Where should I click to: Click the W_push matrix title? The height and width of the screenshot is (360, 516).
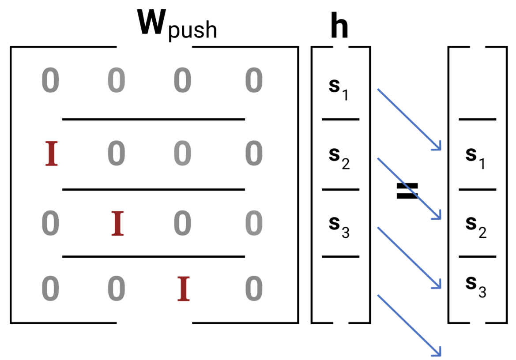[x=177, y=24]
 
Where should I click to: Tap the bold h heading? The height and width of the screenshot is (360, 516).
[x=339, y=27]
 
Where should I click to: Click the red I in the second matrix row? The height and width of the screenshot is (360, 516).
[x=52, y=154]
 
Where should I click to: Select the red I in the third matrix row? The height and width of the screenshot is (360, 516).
[x=117, y=223]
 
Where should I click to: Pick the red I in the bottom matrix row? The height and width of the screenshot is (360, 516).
[x=183, y=289]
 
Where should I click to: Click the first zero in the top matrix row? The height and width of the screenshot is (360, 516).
[x=50, y=81]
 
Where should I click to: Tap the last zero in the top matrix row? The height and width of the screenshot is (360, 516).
[x=254, y=81]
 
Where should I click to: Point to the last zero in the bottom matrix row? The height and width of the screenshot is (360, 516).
[x=254, y=289]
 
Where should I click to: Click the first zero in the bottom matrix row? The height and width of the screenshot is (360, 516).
[x=50, y=289]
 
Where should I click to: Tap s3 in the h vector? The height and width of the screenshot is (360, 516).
[x=339, y=227]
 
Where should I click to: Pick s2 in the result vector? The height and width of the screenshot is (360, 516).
[x=476, y=227]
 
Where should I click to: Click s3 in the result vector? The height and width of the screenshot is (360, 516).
[x=476, y=287]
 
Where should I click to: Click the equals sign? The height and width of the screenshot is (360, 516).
[x=407, y=191]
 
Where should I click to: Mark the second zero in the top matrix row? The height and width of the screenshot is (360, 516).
[x=116, y=81]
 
